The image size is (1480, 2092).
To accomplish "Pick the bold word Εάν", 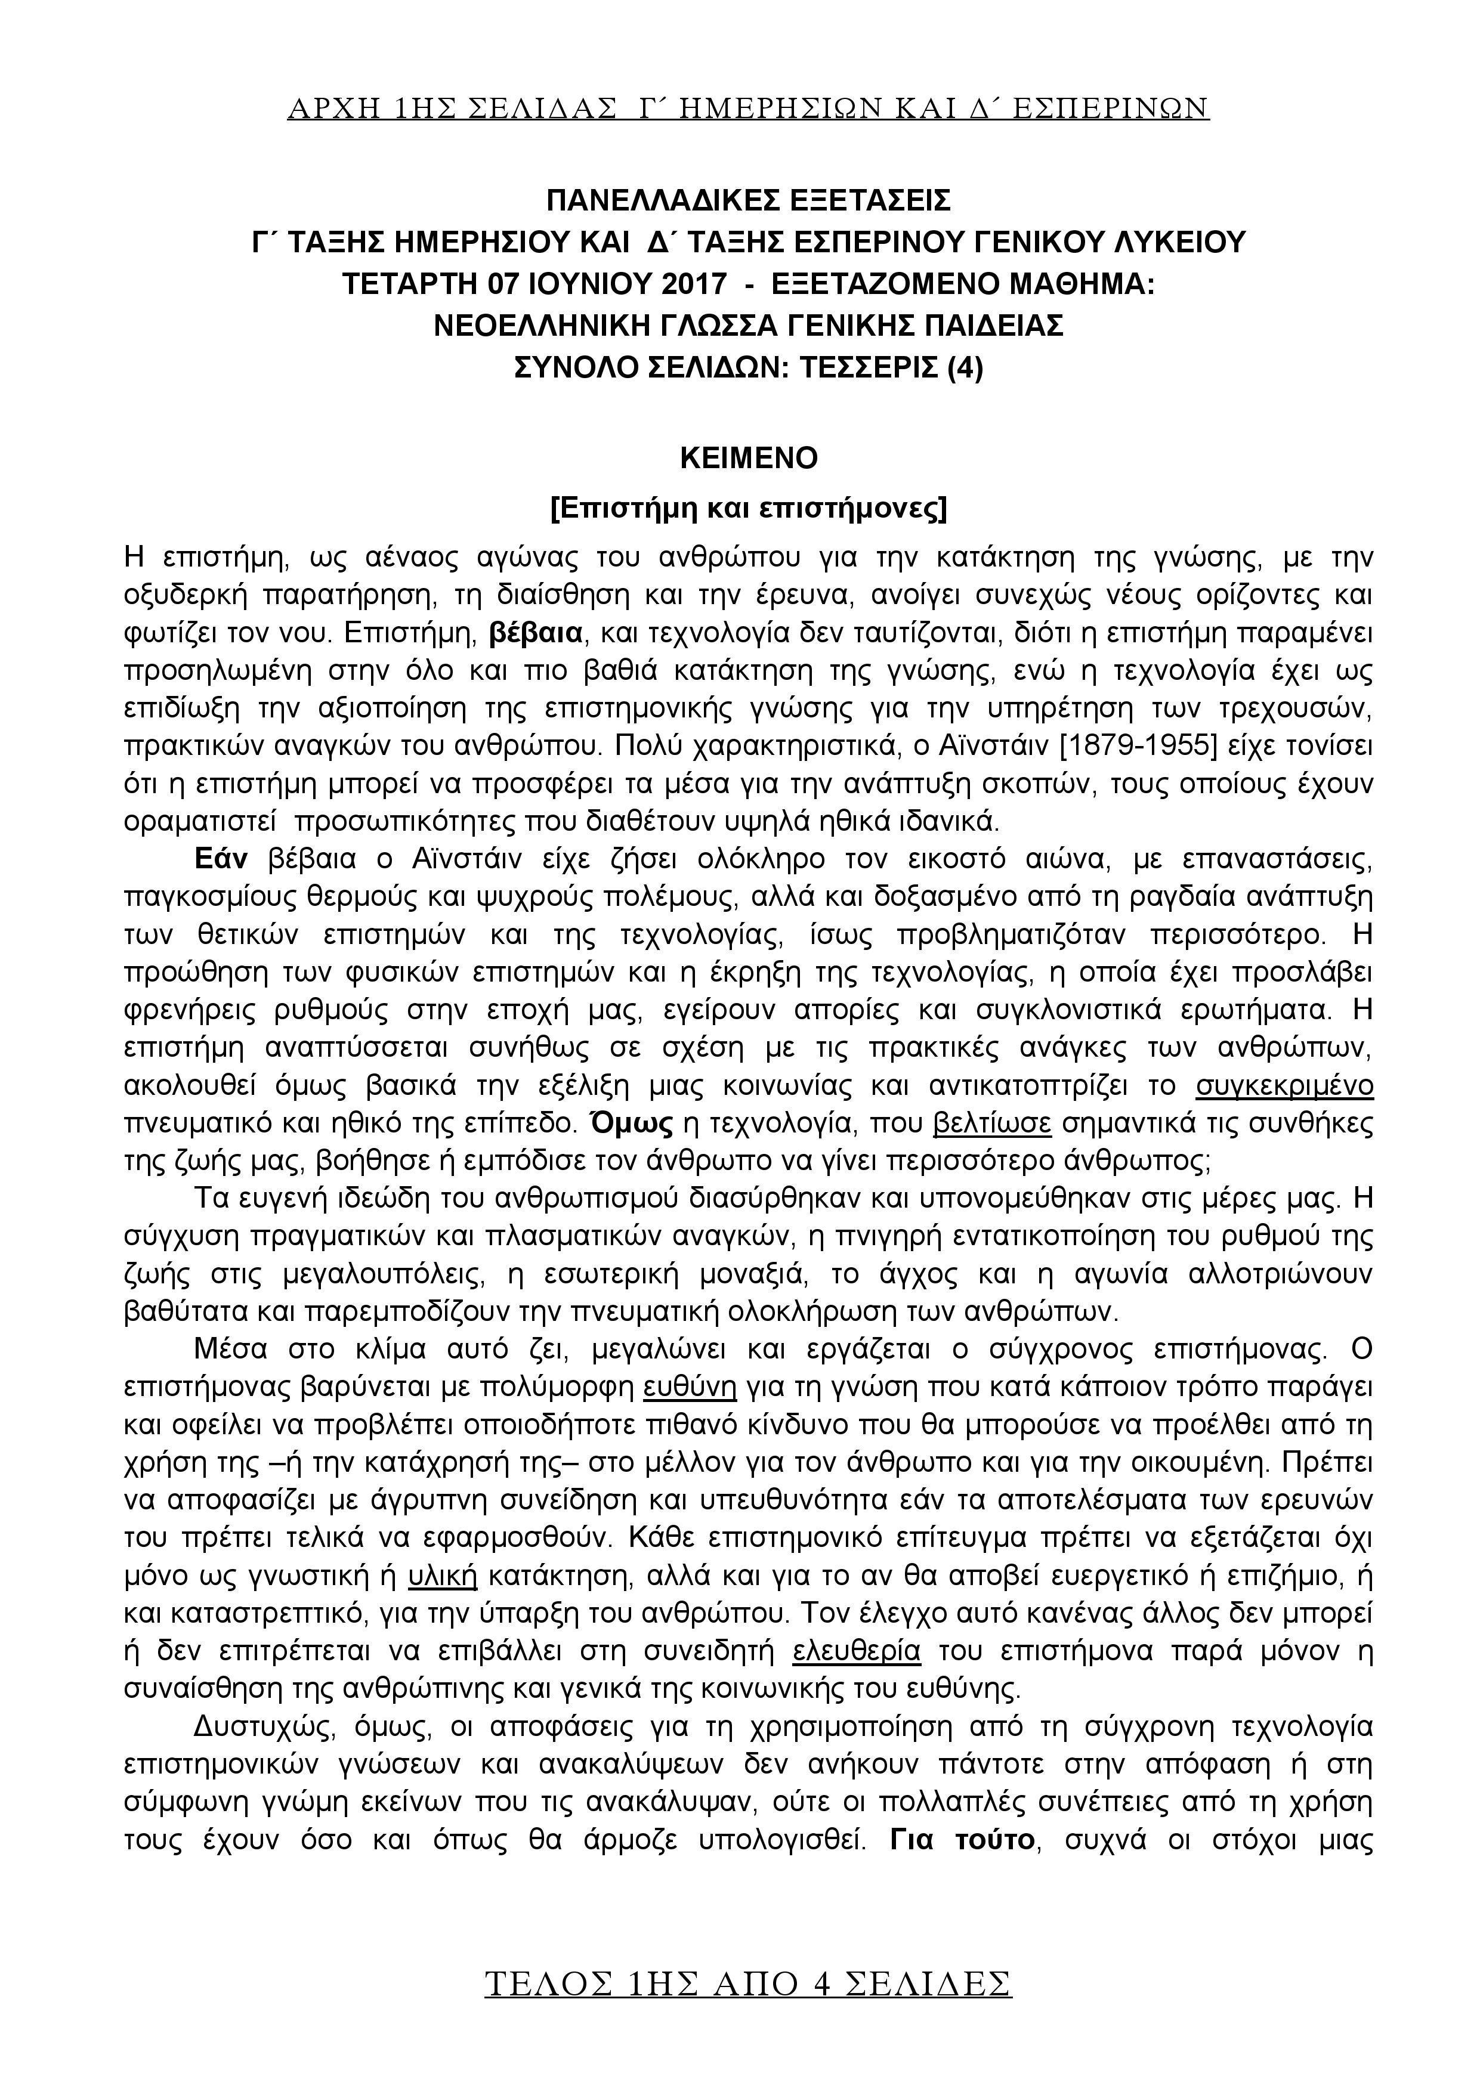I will click(x=221, y=859).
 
